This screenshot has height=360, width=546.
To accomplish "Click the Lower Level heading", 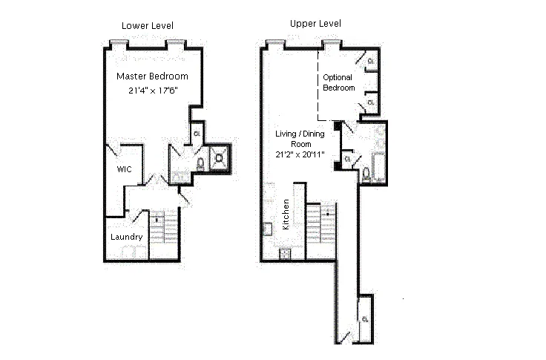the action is pos(148,26).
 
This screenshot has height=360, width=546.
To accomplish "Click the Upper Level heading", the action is pos(315,24).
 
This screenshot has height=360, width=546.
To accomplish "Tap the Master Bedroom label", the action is pos(152,76).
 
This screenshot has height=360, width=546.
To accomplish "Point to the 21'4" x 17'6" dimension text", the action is pos(154,91).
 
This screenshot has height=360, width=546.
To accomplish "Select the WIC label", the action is pos(125,169).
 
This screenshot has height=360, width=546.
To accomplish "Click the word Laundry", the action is pos(126,237).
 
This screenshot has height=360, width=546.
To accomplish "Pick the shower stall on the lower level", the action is pos(220,159).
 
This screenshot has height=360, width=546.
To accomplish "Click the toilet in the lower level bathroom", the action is pos(200,164).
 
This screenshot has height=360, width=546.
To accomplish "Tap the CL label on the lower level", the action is pos(197,134).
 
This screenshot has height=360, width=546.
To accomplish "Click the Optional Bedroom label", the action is pos(338,82).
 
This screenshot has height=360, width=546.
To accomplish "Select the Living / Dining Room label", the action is pos(300,139).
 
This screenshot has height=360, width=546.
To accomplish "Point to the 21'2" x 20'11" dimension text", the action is pos(300,154).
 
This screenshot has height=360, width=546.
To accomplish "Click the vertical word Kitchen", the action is pos(286,215).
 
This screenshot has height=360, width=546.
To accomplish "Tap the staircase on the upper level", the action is pos(320,224).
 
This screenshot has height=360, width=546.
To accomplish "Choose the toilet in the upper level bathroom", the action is pos(366,174).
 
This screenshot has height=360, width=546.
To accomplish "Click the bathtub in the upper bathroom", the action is pos(378,166).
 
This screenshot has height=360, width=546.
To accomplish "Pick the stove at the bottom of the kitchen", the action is pos(285,254).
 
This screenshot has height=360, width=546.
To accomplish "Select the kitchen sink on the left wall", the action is pos(267,229).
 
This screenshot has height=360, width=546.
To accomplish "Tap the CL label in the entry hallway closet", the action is pos(365,319).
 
